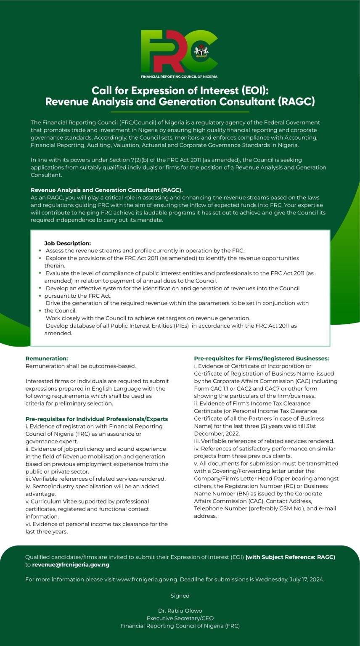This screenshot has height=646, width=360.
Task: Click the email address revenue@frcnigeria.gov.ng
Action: [x=71, y=565]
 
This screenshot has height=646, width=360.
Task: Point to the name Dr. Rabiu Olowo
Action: [x=180, y=611]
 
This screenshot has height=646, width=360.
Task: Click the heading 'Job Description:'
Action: [x=67, y=243]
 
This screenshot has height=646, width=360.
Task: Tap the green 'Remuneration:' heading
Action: [x=47, y=358]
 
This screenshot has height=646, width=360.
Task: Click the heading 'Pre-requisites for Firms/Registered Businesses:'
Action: [x=261, y=358]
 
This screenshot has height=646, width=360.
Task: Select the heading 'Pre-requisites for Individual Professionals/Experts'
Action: [x=97, y=419]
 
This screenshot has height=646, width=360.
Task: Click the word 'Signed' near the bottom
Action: [x=180, y=596]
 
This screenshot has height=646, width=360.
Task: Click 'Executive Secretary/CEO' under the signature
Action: [x=180, y=618]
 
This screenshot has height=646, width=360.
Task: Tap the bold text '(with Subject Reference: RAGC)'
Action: [x=290, y=557]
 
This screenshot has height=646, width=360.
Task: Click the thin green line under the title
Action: [x=180, y=112]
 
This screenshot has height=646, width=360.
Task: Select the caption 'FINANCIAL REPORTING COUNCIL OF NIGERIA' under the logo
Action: [x=179, y=77]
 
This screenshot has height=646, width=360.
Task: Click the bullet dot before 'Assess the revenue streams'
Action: [x=40, y=251]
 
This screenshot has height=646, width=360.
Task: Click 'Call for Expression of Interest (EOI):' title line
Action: [x=180, y=91]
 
